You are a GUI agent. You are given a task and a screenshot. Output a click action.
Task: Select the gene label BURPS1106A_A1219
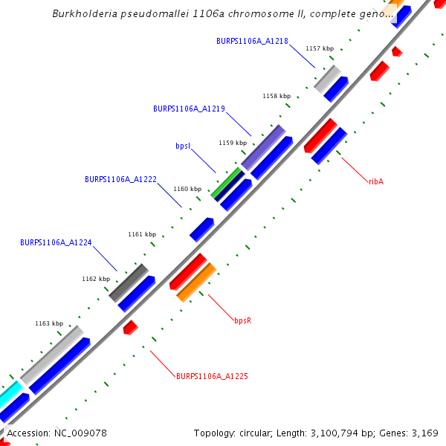(189, 109)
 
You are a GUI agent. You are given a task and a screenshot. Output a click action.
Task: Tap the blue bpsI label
(184, 146)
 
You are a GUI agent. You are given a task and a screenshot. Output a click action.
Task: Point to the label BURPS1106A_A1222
(120, 180)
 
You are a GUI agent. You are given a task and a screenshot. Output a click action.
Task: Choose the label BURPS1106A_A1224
(56, 242)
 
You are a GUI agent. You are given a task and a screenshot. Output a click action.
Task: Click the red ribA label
(376, 181)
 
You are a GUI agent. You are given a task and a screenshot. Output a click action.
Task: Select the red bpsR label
(243, 320)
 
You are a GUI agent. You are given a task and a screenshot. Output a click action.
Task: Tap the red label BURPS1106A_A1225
(212, 377)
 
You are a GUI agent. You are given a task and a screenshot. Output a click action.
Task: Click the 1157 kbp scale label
(320, 48)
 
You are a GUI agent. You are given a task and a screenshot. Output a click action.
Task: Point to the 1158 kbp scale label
(277, 96)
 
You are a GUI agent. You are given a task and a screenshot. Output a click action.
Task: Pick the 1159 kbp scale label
(232, 143)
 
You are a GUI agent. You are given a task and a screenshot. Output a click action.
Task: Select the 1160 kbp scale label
(187, 189)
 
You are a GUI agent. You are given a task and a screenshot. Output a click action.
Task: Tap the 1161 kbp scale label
(142, 234)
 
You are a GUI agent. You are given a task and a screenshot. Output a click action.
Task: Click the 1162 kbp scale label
(96, 279)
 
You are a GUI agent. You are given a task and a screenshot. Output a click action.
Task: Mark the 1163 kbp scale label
(49, 323)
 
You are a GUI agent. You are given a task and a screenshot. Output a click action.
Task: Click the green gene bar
(227, 183)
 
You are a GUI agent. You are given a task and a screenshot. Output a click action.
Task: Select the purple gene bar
(263, 147)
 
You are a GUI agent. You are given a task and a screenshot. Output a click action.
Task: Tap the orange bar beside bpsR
(196, 282)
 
